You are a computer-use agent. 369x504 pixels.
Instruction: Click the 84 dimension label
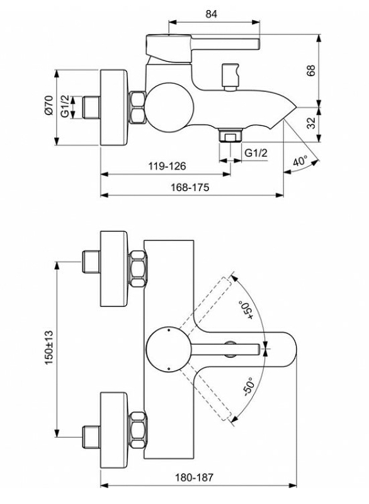[211, 14]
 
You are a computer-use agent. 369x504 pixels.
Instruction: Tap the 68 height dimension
[311, 71]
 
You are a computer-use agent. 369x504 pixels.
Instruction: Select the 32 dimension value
[311, 123]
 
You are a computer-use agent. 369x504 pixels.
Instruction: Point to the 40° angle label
[300, 161]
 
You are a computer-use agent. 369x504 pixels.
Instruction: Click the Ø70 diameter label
[49, 105]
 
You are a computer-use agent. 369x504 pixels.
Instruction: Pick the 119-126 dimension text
[167, 166]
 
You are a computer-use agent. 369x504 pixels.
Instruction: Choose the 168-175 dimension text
[190, 187]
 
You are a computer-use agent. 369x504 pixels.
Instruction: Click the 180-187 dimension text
[194, 478]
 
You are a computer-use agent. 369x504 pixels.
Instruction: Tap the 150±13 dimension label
[49, 347]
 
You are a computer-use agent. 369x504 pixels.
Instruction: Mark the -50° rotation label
[249, 386]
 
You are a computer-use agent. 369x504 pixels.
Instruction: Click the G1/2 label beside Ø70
[65, 105]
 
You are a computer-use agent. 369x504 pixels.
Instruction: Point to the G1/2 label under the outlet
[256, 152]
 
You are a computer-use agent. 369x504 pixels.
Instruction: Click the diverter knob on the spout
[231, 77]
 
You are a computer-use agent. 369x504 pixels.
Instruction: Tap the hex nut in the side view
[138, 107]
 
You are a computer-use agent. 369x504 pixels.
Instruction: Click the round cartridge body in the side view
[169, 107]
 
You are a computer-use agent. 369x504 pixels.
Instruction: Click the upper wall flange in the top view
[114, 268]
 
